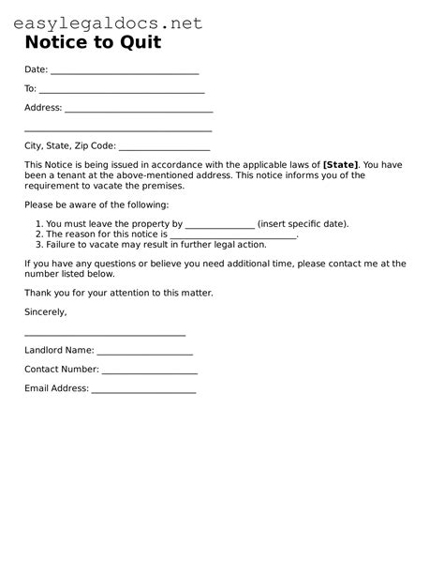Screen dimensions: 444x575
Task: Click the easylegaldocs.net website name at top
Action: [x=108, y=23]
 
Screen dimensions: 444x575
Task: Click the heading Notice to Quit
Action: [x=93, y=42]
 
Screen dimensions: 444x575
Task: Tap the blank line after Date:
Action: [x=125, y=72]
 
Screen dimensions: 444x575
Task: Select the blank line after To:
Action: [x=122, y=91]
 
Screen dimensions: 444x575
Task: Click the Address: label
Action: [x=43, y=108]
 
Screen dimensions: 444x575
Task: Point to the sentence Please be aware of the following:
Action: [x=96, y=204]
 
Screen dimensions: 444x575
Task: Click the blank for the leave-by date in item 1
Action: [x=220, y=226]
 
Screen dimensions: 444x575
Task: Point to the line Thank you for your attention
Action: [x=119, y=293]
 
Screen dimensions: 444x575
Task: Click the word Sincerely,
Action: [x=46, y=311]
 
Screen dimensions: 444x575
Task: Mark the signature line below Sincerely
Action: [x=105, y=335]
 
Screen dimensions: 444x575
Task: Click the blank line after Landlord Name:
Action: [x=144, y=354]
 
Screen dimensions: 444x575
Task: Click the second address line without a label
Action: [x=118, y=130]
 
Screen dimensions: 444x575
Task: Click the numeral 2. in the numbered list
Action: [x=38, y=235]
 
